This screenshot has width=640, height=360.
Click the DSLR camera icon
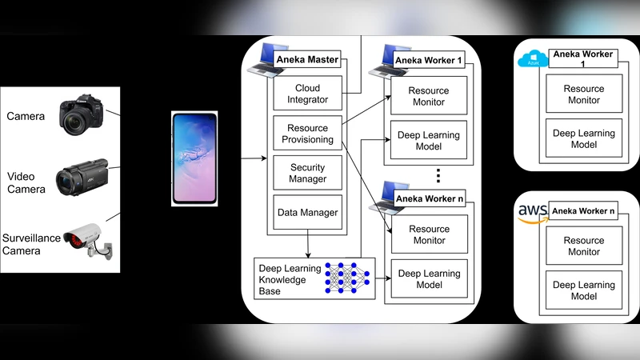pyautogui.click(x=82, y=116)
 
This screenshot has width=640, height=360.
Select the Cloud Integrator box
pyautogui.click(x=307, y=94)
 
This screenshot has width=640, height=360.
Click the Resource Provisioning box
pyautogui.click(x=307, y=134)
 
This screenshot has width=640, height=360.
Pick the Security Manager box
pyautogui.click(x=307, y=173)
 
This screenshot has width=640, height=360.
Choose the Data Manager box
pyautogui.click(x=307, y=213)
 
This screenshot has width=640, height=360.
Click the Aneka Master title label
pyautogui.click(x=307, y=59)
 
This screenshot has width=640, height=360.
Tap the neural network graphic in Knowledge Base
pyautogui.click(x=346, y=278)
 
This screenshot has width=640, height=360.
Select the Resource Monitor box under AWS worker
pyautogui.click(x=583, y=246)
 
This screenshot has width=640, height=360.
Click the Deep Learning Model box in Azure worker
pyautogui.click(x=583, y=138)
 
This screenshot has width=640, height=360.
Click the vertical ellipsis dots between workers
pyautogui.click(x=438, y=174)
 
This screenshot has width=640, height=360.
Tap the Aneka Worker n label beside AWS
pyautogui.click(x=583, y=211)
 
